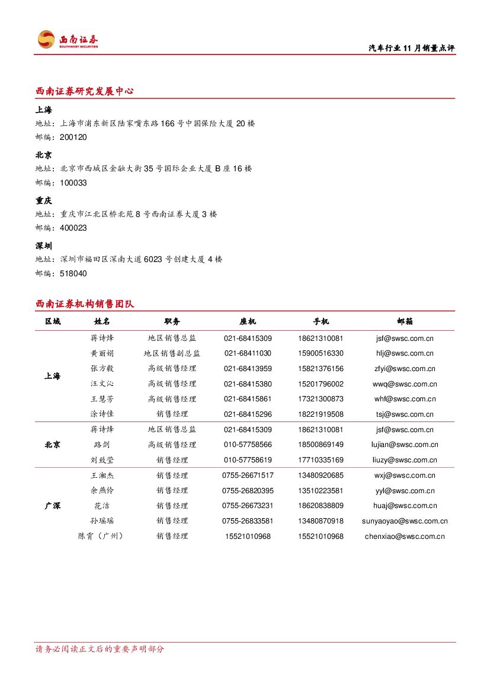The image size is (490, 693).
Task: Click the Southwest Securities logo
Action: [x=68, y=40]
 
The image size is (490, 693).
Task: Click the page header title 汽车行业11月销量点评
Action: [x=411, y=49]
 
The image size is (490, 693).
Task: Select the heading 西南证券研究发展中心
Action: [x=84, y=91]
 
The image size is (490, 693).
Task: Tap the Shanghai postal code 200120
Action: [x=73, y=138]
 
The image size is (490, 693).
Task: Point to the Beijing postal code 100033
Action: [x=73, y=183]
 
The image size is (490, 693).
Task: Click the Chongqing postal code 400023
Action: [x=73, y=228]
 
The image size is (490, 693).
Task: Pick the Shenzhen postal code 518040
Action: [x=73, y=274]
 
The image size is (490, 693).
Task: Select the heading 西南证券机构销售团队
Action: [x=85, y=304]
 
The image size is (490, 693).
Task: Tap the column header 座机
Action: [x=248, y=321]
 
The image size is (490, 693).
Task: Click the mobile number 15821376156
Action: [x=321, y=369]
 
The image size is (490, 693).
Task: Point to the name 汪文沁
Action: [x=102, y=384]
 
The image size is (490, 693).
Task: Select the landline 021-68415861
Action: [x=248, y=399]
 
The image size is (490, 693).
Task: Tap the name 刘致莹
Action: [x=102, y=460]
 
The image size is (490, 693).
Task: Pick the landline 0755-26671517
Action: [x=248, y=475]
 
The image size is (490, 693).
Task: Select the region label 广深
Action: [x=53, y=506]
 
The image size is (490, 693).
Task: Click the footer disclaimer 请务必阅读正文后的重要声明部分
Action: [x=100, y=649]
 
